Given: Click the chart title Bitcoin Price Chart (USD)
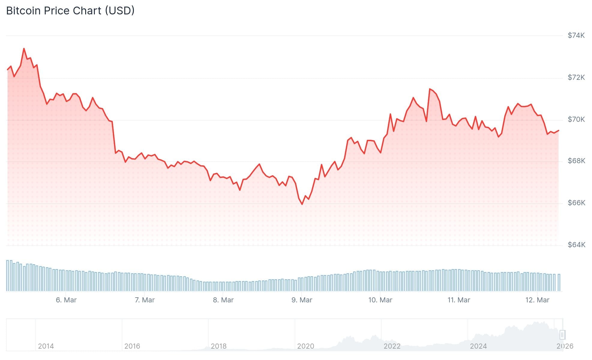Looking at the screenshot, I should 70,11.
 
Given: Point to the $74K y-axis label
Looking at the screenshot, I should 576,35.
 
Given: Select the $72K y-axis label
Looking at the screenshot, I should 576,77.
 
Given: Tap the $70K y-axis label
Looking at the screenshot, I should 576,119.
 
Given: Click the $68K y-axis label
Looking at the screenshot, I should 576,161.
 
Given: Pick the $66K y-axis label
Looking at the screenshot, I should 576,203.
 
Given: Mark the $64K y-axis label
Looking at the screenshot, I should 576,245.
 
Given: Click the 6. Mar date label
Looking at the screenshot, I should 66,300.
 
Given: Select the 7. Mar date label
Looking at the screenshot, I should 145,300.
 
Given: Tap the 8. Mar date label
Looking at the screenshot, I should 223,300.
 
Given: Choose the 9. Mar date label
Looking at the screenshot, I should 302,300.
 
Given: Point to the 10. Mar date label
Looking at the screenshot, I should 380,300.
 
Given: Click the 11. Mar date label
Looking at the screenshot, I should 459,300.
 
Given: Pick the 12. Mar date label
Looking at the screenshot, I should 537,300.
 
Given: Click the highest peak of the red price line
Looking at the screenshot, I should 24,49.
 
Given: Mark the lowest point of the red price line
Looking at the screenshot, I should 302,204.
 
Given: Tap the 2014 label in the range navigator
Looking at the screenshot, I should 46,346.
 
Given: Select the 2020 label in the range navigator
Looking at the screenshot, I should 305,346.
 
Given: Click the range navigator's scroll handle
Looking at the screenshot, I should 562,334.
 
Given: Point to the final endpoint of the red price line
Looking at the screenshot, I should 558,130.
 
